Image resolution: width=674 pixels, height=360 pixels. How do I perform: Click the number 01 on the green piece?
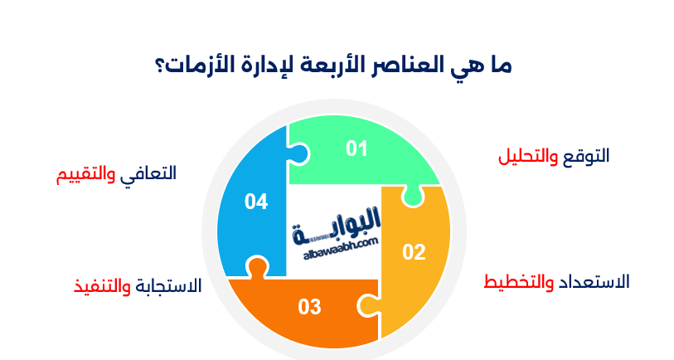(x=356, y=148)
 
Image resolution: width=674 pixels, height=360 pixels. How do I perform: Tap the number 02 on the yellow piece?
(x=414, y=252)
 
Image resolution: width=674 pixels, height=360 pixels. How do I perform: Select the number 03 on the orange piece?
(x=309, y=307)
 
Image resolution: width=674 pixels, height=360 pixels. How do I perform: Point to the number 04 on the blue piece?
(x=256, y=201)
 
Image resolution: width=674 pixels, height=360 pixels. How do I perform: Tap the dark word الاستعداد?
(x=593, y=281)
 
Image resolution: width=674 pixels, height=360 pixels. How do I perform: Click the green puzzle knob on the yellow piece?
(x=410, y=195)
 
